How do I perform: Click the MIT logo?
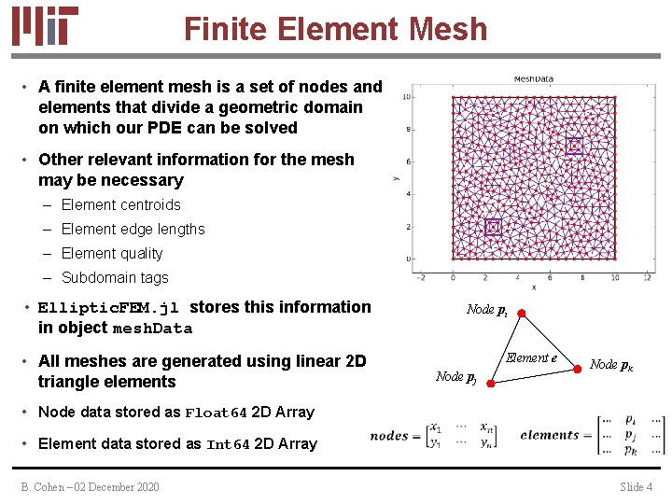click(x=45, y=25)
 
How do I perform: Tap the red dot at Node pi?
click(x=524, y=314)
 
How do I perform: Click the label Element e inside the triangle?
click(x=531, y=357)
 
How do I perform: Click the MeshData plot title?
click(x=536, y=80)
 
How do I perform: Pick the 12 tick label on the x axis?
click(x=648, y=277)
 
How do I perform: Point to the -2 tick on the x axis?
click(x=421, y=277)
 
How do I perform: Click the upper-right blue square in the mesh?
click(x=574, y=146)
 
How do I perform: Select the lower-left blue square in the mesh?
click(x=493, y=226)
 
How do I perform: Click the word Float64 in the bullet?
click(x=216, y=413)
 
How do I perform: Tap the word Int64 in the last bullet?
click(x=227, y=444)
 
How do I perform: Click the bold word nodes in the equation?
click(x=389, y=436)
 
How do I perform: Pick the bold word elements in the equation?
click(x=550, y=435)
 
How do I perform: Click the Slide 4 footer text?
click(x=637, y=487)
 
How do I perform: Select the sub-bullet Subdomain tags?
click(x=115, y=277)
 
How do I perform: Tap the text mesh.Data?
click(x=152, y=329)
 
